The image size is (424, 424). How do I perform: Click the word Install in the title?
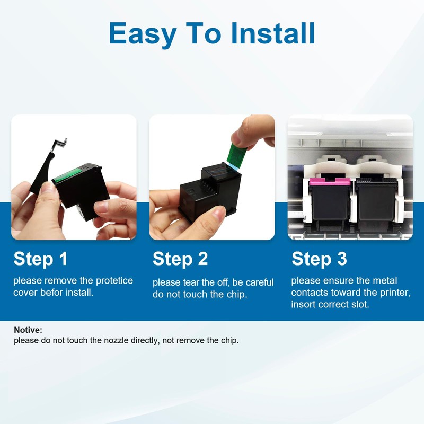coord(273,33)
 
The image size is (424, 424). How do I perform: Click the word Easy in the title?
coord(140,33)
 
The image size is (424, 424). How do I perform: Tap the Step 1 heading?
coord(41,259)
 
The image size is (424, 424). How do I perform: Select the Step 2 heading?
coord(180,259)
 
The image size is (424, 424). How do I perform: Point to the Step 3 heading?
coord(320,259)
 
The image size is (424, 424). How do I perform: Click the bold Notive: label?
coord(28,330)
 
